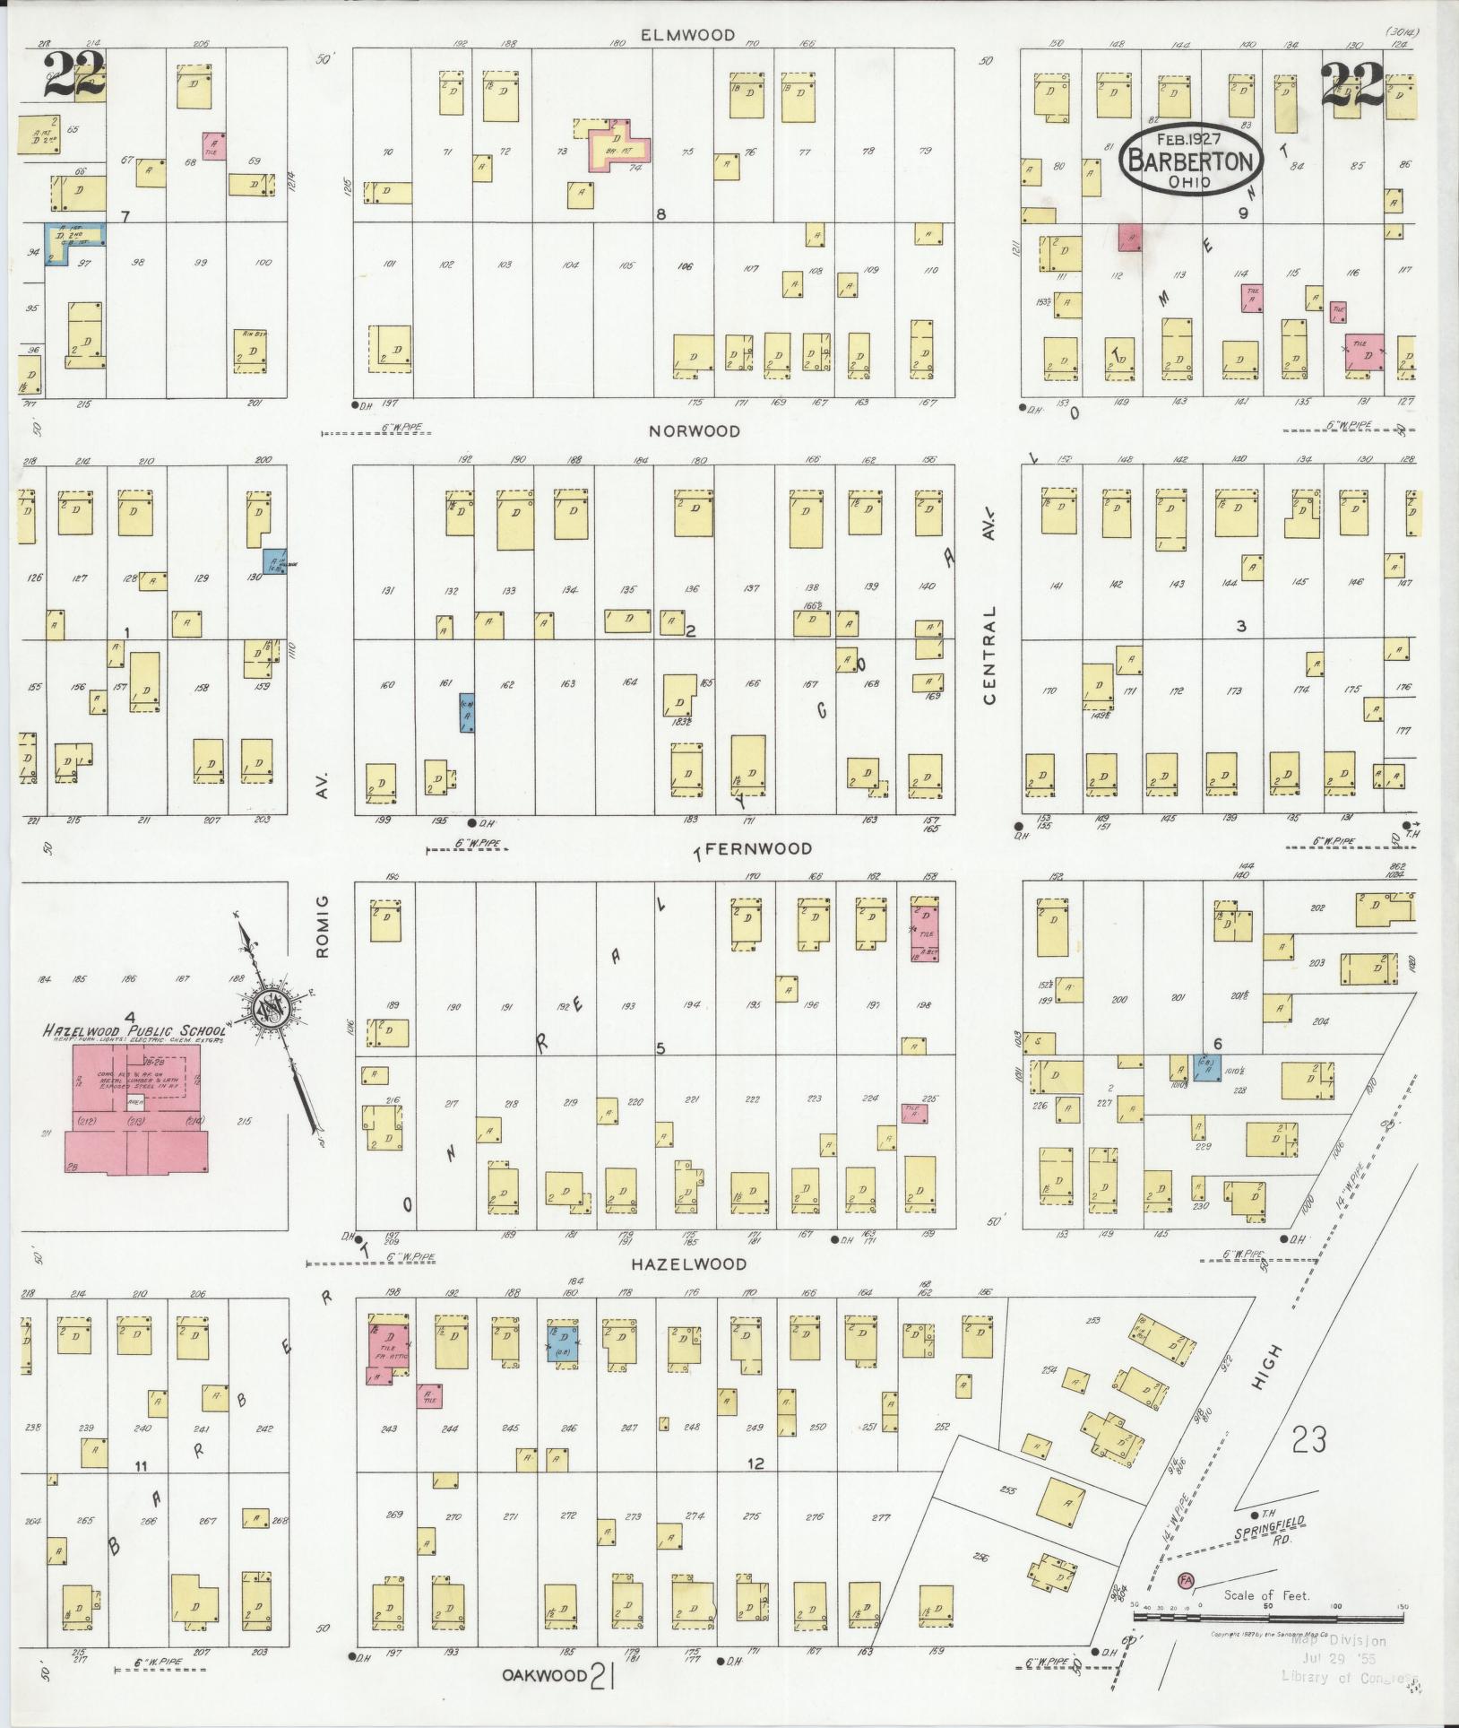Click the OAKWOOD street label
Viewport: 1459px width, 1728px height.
coord(544,1674)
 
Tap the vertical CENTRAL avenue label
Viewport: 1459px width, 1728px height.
coord(990,656)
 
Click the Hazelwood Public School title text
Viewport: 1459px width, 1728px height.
coord(134,1031)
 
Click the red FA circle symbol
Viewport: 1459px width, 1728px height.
coord(1186,1579)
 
